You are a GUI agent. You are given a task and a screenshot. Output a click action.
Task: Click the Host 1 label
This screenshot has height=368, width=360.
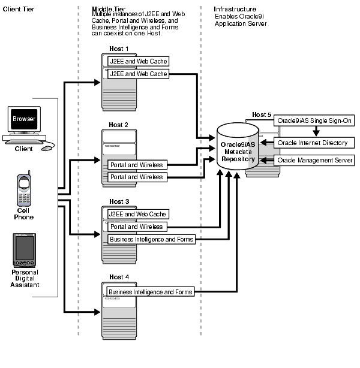pyautogui.click(x=119, y=49)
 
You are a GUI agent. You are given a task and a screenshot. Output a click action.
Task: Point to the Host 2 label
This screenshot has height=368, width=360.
pyautogui.click(x=119, y=125)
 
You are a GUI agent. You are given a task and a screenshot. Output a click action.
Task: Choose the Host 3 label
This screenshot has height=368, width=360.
pyautogui.click(x=119, y=201)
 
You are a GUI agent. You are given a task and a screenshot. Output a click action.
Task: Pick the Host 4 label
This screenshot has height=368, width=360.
pyautogui.click(x=119, y=277)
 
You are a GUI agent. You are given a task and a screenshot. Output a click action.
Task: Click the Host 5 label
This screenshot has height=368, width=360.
pyautogui.click(x=262, y=114)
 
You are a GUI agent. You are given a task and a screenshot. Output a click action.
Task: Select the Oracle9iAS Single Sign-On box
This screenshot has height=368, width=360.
pyautogui.click(x=314, y=121)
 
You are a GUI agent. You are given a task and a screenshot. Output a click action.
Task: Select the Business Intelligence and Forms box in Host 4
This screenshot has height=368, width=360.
pyautogui.click(x=151, y=292)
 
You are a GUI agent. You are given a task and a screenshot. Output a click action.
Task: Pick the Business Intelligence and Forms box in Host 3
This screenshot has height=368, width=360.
pyautogui.click(x=151, y=240)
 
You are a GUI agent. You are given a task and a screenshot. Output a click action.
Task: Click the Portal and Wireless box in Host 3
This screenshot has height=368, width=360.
pyautogui.click(x=136, y=227)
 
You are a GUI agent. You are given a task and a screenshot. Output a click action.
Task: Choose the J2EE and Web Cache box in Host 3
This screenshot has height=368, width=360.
pyautogui.click(x=137, y=214)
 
